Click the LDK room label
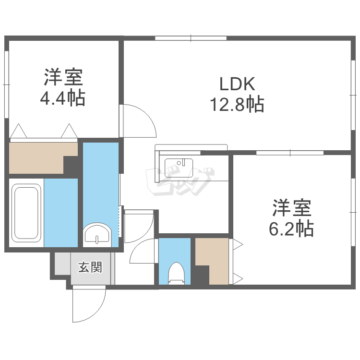[x=237, y=84]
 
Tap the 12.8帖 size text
[x=237, y=105]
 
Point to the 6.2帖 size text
[x=291, y=228]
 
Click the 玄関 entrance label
[x=90, y=267]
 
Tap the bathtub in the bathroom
[x=26, y=213]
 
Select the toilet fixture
[x=176, y=273]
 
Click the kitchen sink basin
[x=179, y=168]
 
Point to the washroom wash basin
[x=97, y=234]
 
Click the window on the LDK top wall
[x=191, y=38]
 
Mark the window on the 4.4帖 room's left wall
[x=6, y=84]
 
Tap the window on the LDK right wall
[x=353, y=96]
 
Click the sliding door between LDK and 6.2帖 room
[x=290, y=153]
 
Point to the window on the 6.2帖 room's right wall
[x=353, y=212]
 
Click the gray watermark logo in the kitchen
[x=180, y=181]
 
